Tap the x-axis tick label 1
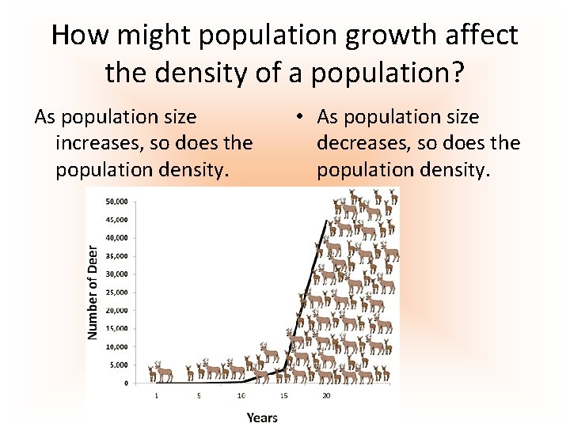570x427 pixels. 156,395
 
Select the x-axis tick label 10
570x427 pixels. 241,395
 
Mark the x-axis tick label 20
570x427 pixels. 326,395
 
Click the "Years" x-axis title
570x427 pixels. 262,416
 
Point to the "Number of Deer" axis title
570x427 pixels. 93,291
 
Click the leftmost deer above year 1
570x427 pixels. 154,372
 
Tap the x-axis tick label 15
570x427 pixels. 283,395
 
